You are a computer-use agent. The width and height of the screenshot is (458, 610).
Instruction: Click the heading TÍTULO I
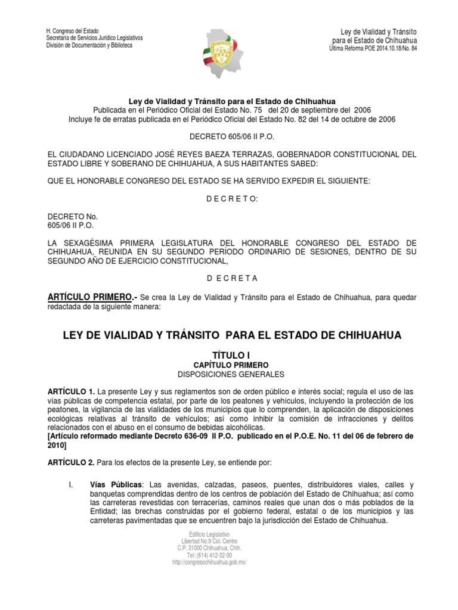pyautogui.click(x=229, y=354)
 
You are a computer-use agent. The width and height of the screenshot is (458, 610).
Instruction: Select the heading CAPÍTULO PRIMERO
pyautogui.click(x=229, y=365)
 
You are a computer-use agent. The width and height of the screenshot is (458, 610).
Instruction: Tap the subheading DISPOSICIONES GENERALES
pyautogui.click(x=229, y=374)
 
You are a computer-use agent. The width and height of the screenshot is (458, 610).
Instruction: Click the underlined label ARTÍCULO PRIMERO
pyautogui.click(x=87, y=297)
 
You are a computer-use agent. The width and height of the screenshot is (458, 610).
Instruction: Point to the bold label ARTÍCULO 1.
pyautogui.click(x=70, y=391)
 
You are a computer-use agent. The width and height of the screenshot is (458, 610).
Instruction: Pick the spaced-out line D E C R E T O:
pyautogui.click(x=229, y=198)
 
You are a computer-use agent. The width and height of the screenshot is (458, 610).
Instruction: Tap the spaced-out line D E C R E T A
pyautogui.click(x=229, y=278)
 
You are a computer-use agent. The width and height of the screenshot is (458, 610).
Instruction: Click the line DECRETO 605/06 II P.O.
pyautogui.click(x=229, y=136)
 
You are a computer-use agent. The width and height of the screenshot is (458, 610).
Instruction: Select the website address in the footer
pyautogui.click(x=209, y=562)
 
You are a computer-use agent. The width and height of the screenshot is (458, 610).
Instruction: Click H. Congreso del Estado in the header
pyautogui.click(x=73, y=32)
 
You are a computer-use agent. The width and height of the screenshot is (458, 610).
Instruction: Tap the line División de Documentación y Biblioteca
pyautogui.click(x=89, y=46)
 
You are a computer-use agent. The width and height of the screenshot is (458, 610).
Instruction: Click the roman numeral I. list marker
pyautogui.click(x=70, y=486)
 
